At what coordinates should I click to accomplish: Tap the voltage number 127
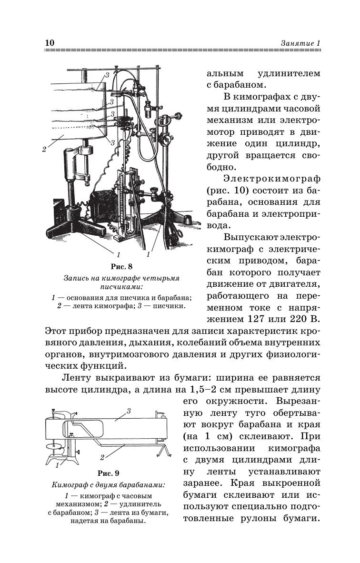pos(260,318)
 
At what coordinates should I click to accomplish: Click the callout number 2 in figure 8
pos(44,149)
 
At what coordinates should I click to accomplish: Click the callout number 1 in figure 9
pos(58,464)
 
